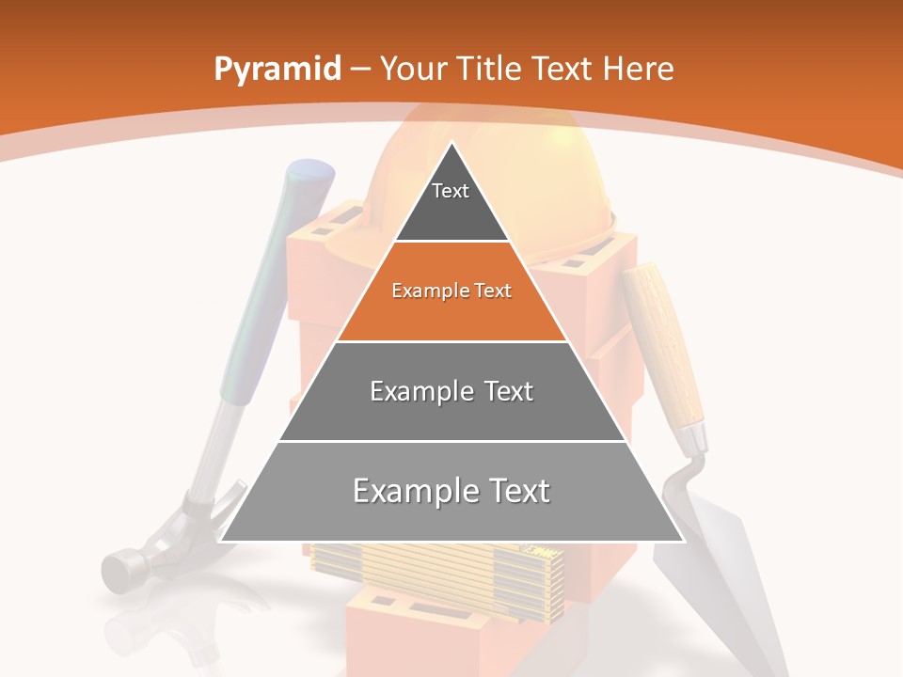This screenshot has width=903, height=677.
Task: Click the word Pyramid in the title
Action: pos(277,70)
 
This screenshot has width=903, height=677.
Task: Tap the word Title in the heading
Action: pos(491,70)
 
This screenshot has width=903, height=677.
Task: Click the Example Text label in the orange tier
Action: pos(451,291)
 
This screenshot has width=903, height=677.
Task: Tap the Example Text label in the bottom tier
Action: pos(451,491)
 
